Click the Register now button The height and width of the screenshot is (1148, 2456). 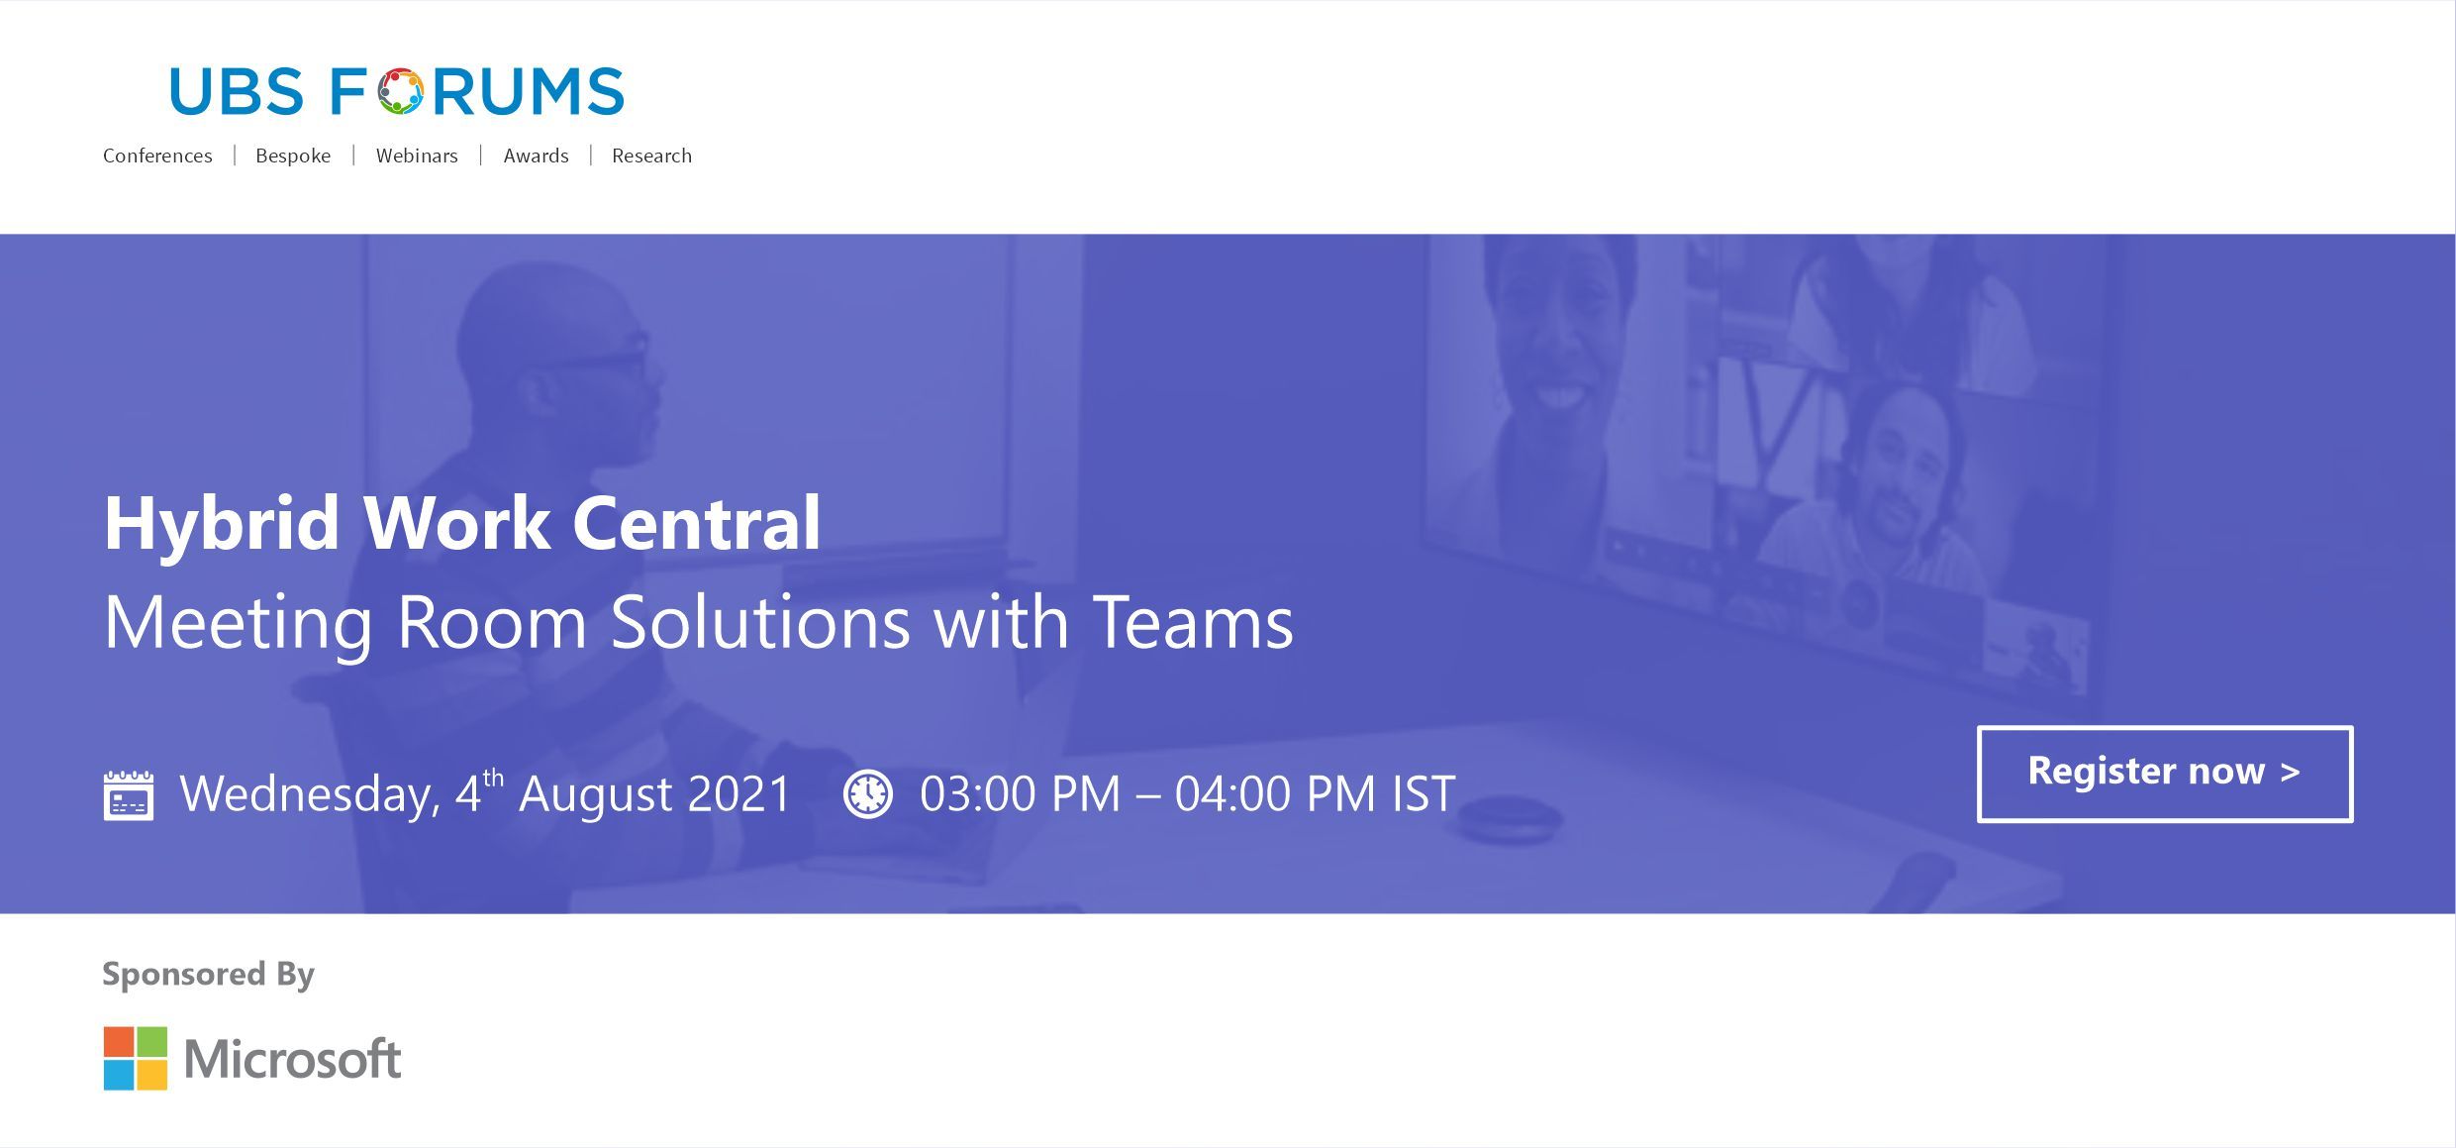[2164, 774]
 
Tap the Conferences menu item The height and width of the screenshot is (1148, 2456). [157, 156]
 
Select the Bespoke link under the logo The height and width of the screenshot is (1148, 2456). [293, 156]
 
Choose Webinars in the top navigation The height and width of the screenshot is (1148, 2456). [417, 156]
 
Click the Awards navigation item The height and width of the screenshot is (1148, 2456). [536, 156]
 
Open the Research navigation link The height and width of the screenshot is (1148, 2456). [651, 156]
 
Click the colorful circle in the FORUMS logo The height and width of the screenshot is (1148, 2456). [399, 91]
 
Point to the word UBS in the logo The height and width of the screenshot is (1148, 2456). [236, 91]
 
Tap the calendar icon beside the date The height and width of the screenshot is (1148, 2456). [129, 794]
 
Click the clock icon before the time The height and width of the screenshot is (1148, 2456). [868, 794]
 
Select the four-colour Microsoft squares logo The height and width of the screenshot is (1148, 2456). [136, 1058]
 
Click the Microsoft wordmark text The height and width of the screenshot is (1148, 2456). [292, 1058]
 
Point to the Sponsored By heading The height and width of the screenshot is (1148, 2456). [208, 975]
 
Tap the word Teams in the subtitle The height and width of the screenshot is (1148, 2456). [1193, 622]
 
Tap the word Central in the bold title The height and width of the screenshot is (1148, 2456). [697, 523]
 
